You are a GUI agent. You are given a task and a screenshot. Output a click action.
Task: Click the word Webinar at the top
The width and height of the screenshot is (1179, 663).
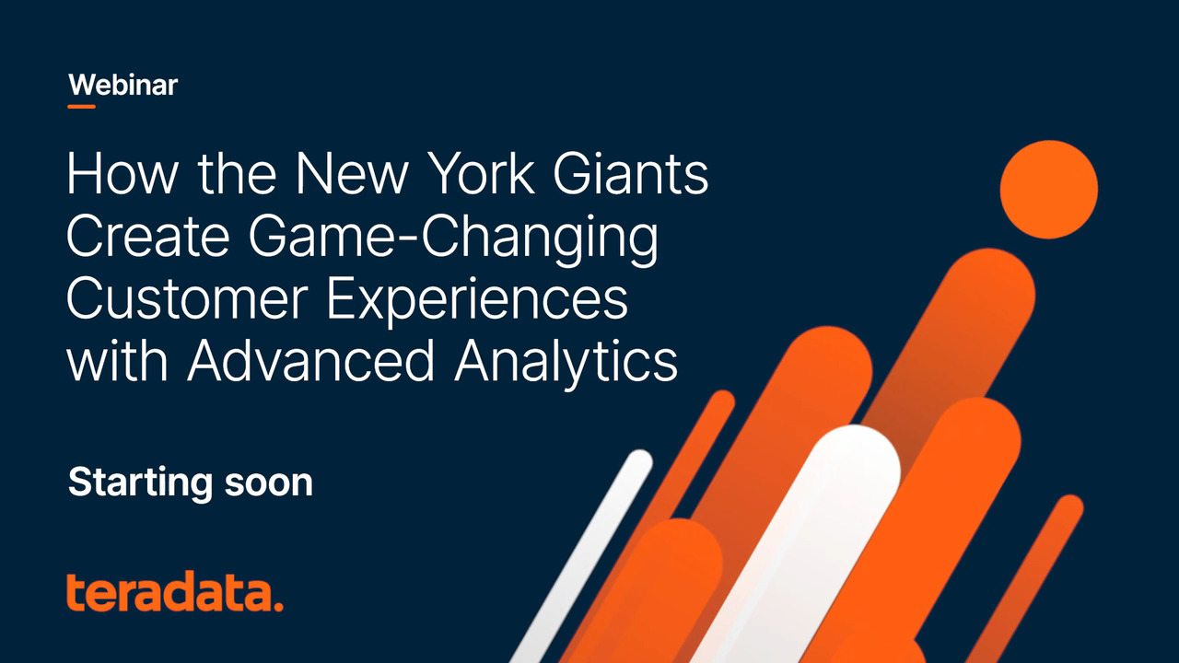coord(123,86)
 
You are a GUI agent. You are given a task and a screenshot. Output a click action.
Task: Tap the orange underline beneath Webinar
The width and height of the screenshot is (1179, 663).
coord(81,107)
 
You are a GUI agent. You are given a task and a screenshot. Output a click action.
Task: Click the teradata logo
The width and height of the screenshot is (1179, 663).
coord(175,593)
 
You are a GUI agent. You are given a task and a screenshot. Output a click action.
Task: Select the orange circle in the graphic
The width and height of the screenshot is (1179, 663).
coord(1048,189)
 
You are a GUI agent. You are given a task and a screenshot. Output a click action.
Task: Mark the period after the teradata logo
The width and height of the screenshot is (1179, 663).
coord(277,607)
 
